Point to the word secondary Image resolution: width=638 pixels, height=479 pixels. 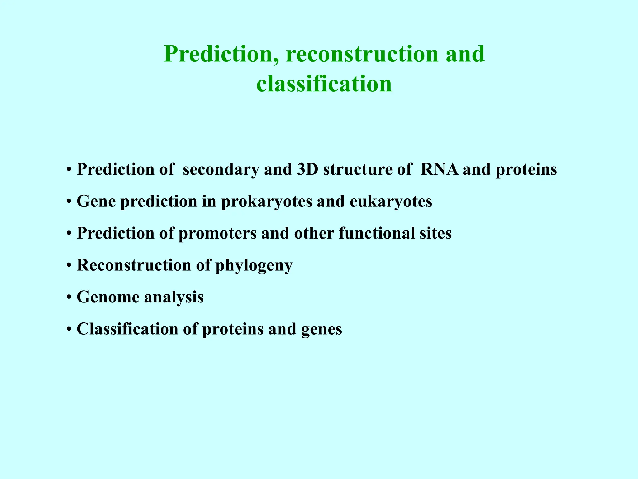pyautogui.click(x=221, y=169)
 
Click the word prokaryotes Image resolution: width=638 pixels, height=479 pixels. pyautogui.click(x=267, y=201)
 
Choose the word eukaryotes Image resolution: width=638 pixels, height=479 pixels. pyautogui.click(x=391, y=201)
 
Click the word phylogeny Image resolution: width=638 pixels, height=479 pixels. pyautogui.click(x=254, y=266)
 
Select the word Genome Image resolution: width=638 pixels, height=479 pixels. pyautogui.click(x=108, y=297)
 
